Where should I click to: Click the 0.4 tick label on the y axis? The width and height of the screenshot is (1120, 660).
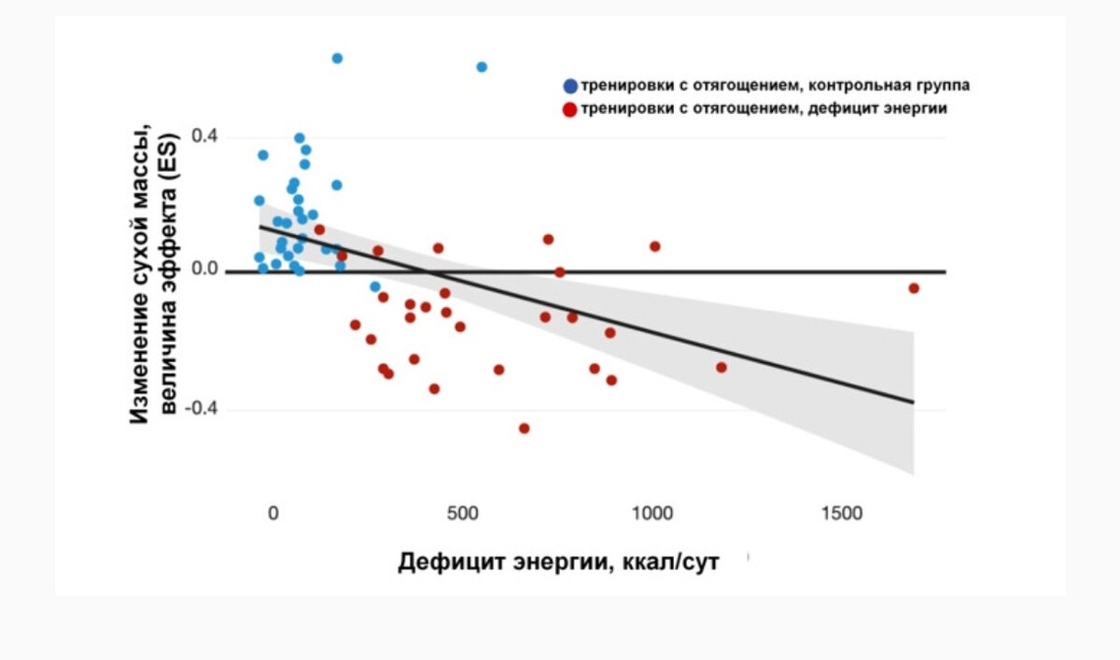click(204, 137)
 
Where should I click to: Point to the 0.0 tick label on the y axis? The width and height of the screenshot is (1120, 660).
click(204, 270)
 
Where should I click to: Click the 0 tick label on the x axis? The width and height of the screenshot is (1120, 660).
click(273, 513)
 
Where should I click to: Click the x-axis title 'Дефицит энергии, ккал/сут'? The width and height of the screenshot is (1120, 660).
click(558, 563)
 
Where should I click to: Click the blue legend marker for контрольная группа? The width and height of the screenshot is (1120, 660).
click(569, 86)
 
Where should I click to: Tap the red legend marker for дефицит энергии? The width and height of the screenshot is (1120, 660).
click(569, 109)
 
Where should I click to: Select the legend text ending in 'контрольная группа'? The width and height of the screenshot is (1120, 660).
click(775, 86)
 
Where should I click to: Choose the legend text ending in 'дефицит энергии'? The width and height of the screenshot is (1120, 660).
click(763, 109)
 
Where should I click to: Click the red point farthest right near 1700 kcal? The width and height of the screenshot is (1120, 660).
click(914, 288)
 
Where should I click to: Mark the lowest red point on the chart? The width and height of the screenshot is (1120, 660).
click(525, 428)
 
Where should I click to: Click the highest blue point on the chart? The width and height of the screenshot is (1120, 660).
click(337, 58)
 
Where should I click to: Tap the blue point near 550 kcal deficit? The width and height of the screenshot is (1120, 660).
click(482, 67)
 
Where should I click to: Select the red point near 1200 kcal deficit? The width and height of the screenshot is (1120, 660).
click(721, 367)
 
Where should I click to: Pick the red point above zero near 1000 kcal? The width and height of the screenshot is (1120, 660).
click(655, 246)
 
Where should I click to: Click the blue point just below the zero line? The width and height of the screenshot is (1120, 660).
click(375, 287)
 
